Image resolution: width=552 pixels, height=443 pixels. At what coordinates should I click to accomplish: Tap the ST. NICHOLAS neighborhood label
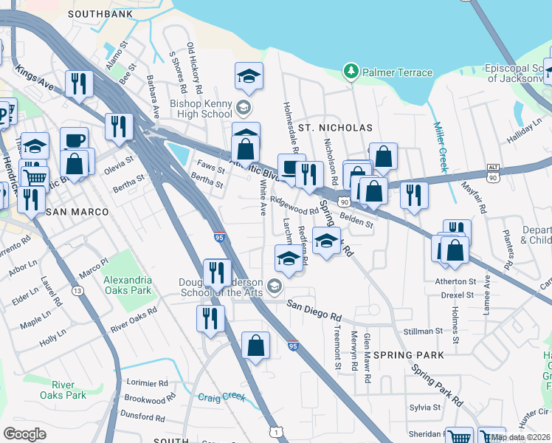tap(335, 128)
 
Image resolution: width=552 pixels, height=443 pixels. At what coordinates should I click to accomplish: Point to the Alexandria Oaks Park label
tap(128, 285)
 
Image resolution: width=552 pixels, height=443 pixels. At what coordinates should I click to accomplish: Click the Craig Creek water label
tap(221, 396)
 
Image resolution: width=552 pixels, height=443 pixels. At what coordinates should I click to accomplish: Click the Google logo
tap(24, 434)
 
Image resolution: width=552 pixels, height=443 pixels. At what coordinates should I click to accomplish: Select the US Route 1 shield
tap(275, 431)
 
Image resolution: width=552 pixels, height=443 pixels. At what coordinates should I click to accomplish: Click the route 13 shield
tap(77, 269)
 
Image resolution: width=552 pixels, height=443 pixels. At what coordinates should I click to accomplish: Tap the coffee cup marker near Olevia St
tap(74, 140)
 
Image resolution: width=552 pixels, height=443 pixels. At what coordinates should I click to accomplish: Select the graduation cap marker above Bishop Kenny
tap(249, 75)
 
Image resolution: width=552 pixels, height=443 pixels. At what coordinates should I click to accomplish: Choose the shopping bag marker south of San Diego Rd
tap(255, 346)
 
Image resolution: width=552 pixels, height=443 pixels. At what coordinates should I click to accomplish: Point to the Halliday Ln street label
tap(523, 134)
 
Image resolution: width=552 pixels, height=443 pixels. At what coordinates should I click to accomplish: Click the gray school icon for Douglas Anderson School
tap(275, 286)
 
